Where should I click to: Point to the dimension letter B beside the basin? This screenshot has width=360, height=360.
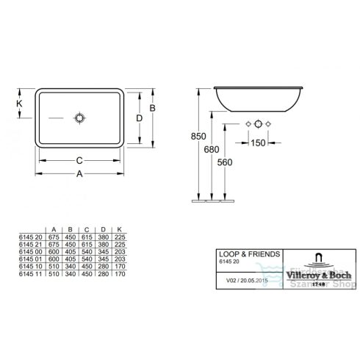[151, 109]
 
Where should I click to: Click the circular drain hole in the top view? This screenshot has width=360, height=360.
[79, 117]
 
